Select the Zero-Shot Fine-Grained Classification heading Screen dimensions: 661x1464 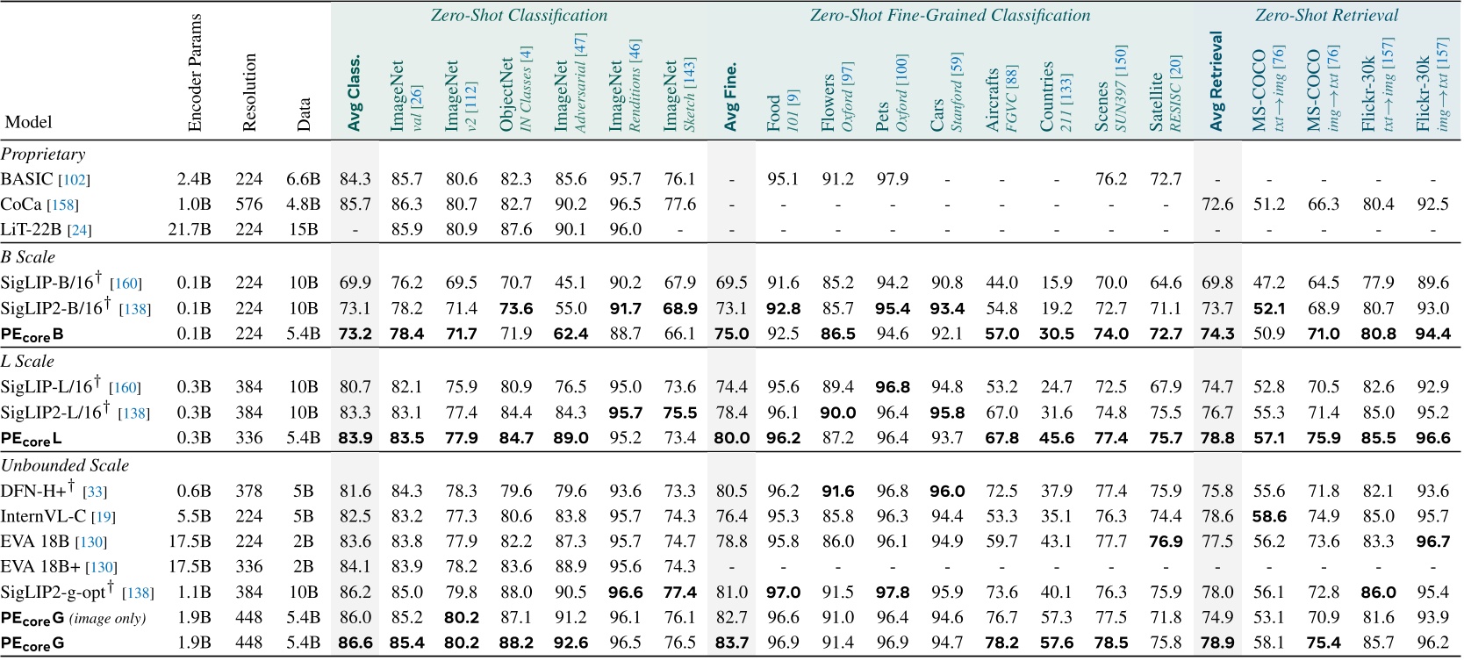click(950, 15)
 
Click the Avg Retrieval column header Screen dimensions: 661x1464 click(1216, 82)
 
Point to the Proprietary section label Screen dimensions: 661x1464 click(43, 154)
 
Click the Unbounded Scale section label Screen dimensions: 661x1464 click(65, 465)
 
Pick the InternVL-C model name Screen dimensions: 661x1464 click(57, 516)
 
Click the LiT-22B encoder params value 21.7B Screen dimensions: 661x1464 click(191, 229)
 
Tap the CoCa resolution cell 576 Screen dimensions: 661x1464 click(248, 205)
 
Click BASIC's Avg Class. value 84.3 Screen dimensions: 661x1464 click(355, 179)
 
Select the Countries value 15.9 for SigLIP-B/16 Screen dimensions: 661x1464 click(1056, 283)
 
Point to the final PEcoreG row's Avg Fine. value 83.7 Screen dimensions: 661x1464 click(731, 643)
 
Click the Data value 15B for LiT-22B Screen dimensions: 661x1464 click(303, 229)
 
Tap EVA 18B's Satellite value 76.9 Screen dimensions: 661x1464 click(1166, 542)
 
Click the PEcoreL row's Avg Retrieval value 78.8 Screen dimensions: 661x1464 click(1217, 438)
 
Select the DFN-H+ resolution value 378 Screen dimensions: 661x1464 click(248, 491)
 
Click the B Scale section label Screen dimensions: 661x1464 click(28, 257)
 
